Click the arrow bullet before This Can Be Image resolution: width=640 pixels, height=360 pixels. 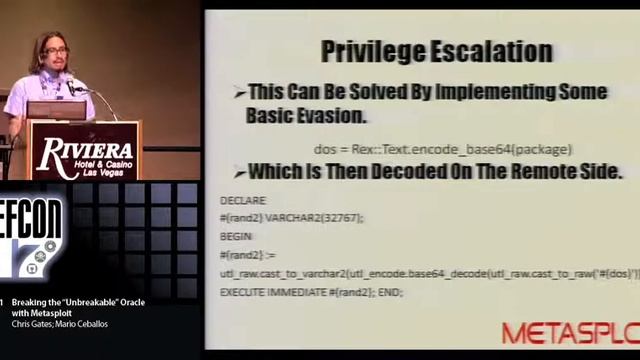(239, 93)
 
